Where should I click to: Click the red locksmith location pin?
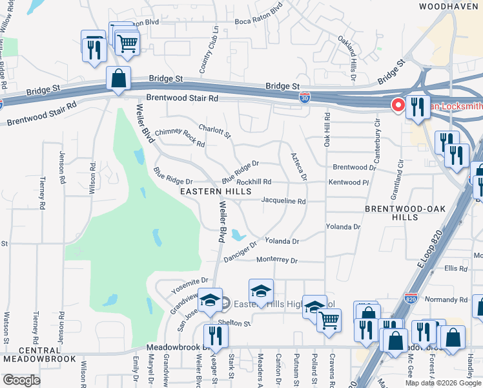click(x=398, y=104)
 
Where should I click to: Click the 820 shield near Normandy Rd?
click(x=411, y=299)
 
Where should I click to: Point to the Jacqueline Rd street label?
click(x=283, y=201)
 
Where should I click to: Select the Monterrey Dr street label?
click(x=276, y=261)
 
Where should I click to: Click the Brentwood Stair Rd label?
click(x=183, y=98)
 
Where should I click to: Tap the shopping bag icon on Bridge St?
click(x=119, y=79)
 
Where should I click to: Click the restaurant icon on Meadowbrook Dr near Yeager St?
click(x=216, y=336)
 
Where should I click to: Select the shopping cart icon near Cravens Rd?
click(x=329, y=319)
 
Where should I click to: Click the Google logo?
click(x=21, y=380)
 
